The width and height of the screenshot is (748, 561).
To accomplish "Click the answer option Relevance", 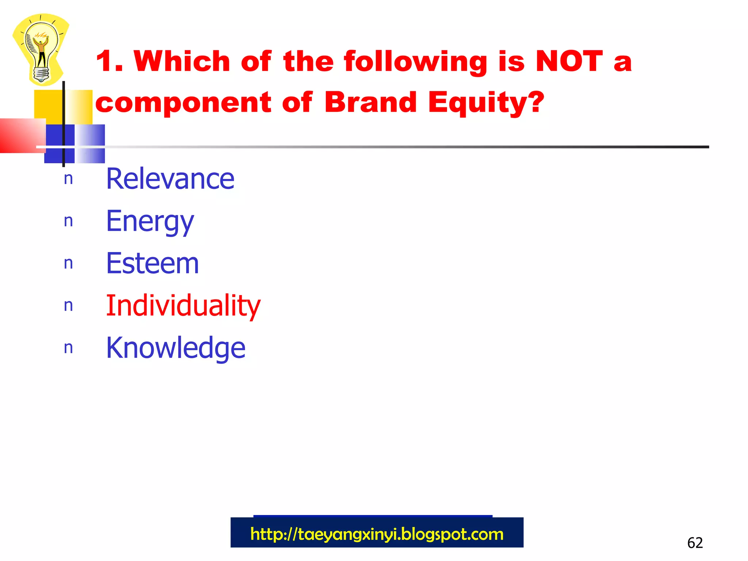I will tap(170, 179).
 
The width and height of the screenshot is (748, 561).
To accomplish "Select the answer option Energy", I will tap(150, 221).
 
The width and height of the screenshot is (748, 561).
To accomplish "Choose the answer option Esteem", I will tap(152, 263).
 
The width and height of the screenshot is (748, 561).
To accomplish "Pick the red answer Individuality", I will tap(183, 305).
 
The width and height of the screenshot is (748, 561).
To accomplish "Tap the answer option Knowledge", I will tap(176, 348).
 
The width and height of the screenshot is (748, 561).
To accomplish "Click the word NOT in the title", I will tap(569, 61).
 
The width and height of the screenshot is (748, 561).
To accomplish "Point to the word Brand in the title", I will tap(370, 102).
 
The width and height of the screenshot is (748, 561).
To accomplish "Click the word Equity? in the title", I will tap(486, 103).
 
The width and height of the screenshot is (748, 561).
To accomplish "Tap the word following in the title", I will tap(416, 62).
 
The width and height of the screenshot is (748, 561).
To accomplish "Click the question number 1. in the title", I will tap(109, 61).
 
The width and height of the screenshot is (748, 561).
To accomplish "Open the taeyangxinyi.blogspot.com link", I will tap(377, 534).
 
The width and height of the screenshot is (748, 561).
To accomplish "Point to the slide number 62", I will tap(695, 543).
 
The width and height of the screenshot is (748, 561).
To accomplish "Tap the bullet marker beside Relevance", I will tap(68, 179).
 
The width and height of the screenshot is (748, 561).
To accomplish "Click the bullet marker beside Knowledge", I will tap(68, 348).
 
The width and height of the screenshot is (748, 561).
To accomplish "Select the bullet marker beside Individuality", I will tap(68, 306).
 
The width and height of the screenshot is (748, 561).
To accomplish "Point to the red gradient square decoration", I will tap(22, 135).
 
